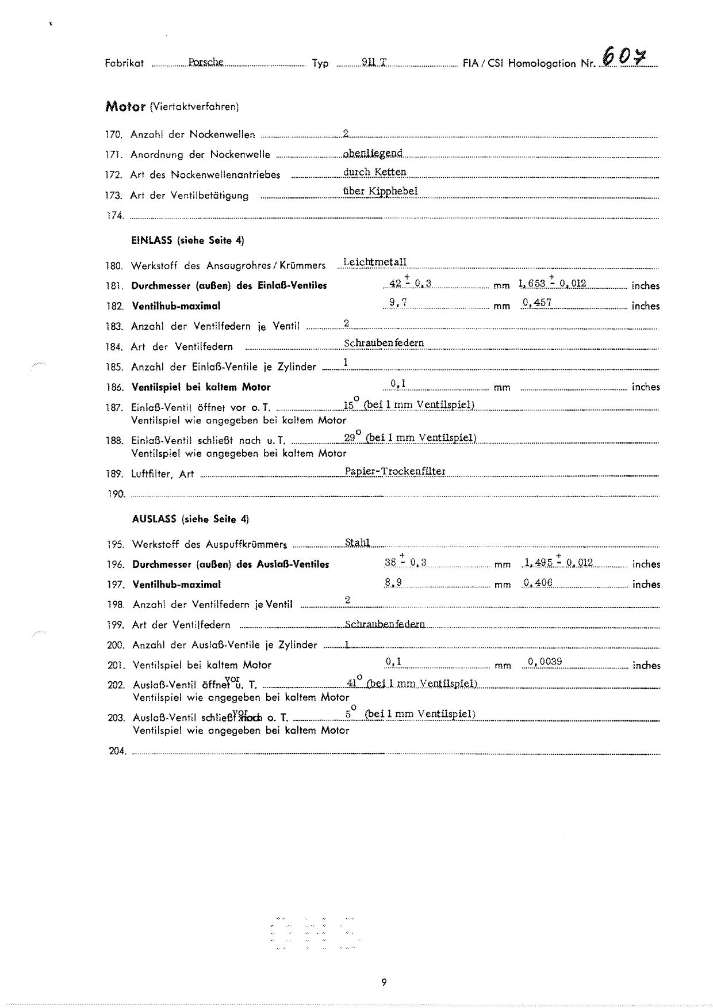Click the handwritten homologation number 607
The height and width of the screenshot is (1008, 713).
623,58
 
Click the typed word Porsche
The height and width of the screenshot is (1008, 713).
205,62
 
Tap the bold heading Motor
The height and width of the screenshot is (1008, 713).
125,106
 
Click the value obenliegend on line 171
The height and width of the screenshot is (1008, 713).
372,152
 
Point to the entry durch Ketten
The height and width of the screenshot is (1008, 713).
374,172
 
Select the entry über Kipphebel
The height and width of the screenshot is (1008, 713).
380,191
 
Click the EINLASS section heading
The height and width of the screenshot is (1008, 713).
187,240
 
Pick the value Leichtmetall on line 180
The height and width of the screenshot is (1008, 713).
374,262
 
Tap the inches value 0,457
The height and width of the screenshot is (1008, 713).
537,303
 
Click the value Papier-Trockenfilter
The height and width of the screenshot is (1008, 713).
395,471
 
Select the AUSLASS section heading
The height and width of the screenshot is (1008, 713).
190,519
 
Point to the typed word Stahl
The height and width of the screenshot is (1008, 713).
357,542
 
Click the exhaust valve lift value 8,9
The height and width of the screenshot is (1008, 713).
393,582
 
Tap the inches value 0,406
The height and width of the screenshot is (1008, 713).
538,582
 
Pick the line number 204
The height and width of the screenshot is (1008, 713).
117,751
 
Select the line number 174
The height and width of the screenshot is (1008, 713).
114,216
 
